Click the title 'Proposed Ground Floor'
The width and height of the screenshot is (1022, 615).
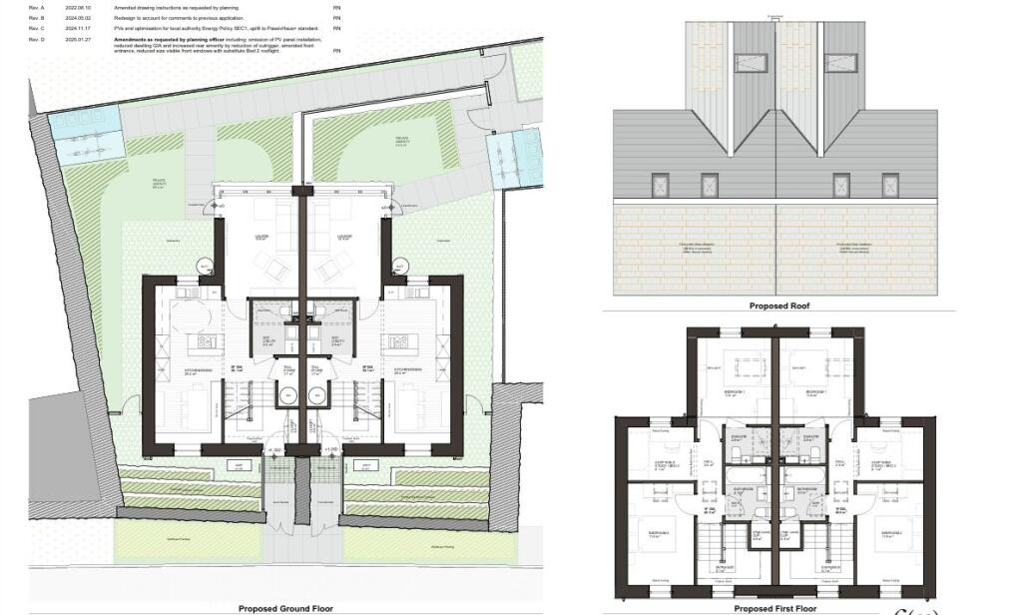coord(285,608)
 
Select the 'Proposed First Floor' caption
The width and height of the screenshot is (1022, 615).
coord(774,608)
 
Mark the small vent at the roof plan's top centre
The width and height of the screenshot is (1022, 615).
coord(775,17)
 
